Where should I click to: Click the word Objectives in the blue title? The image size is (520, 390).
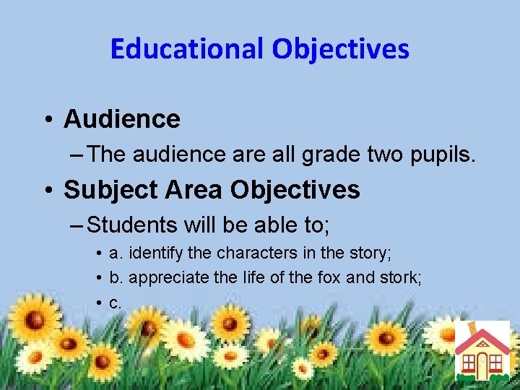tap(341, 49)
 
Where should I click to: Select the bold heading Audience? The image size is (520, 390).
tap(122, 119)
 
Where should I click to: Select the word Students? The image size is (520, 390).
tap(132, 225)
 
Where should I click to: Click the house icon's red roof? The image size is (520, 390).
tap(482, 339)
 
